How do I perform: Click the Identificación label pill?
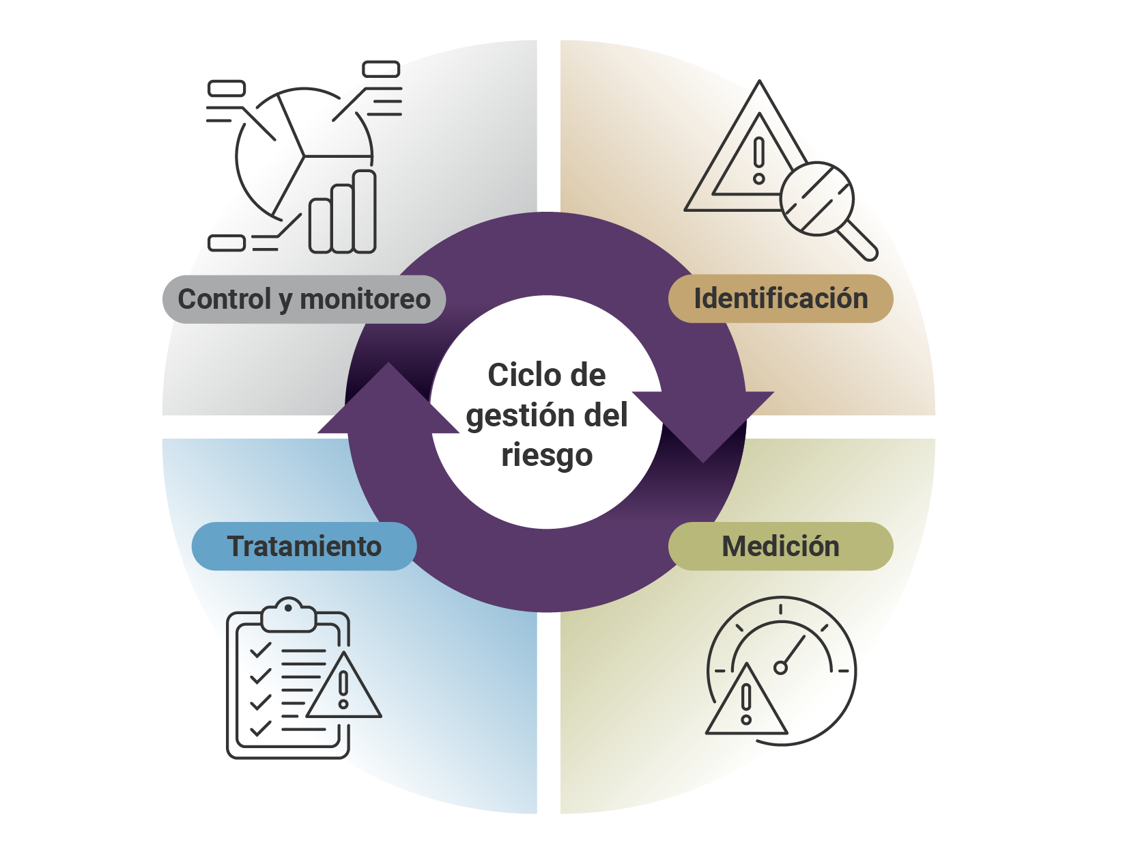(x=780, y=299)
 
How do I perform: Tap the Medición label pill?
(x=780, y=546)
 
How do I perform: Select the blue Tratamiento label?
(x=304, y=546)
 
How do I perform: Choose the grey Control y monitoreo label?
(x=304, y=299)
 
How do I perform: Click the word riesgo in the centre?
(x=547, y=455)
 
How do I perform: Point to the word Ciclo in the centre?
(x=514, y=375)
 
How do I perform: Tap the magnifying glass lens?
(x=816, y=199)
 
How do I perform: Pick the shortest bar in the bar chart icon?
(x=320, y=225)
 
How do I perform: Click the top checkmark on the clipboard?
(x=260, y=650)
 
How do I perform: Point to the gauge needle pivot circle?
(x=780, y=667)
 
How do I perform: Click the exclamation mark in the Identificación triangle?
(x=759, y=160)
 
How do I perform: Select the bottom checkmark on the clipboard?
(x=260, y=729)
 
